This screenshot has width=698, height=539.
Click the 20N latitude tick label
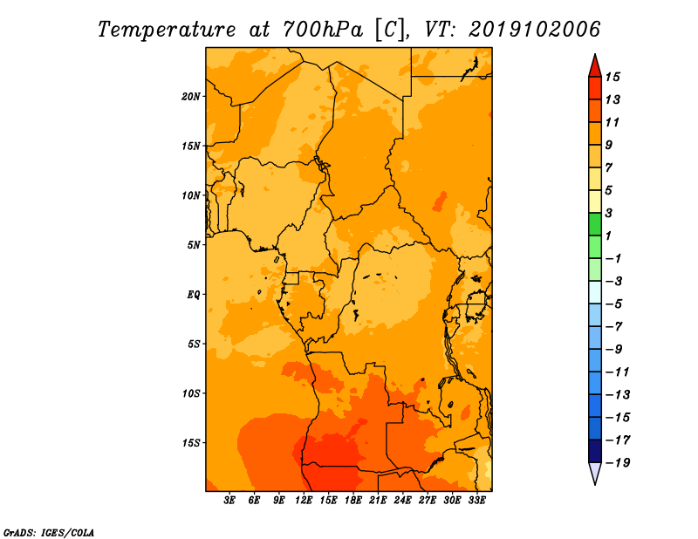(x=191, y=97)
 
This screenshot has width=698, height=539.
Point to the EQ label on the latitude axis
(x=194, y=295)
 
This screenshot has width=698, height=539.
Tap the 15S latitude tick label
(x=191, y=443)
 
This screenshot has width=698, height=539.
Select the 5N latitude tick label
(x=194, y=245)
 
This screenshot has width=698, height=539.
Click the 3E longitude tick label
(x=229, y=501)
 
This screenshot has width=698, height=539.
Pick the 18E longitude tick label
(x=353, y=501)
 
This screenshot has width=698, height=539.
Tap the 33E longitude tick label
(x=476, y=501)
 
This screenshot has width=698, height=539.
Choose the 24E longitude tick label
(x=402, y=501)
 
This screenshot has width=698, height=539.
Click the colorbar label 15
(x=612, y=77)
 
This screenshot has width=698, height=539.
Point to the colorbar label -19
(x=618, y=463)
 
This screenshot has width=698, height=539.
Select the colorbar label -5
(x=613, y=304)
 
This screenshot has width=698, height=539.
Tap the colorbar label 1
(x=609, y=235)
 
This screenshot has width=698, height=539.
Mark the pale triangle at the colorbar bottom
(x=595, y=472)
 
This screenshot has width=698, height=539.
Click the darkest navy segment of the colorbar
(x=595, y=451)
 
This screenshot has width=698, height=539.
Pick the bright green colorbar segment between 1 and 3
(x=595, y=224)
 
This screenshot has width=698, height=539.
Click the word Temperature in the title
(x=167, y=30)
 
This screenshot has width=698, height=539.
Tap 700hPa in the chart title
(x=322, y=30)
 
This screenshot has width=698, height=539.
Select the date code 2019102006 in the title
(x=534, y=30)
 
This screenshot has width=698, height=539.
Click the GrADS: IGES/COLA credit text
(x=49, y=533)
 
